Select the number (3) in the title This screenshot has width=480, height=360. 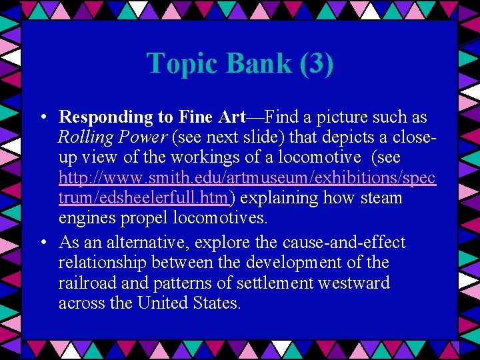click(x=317, y=63)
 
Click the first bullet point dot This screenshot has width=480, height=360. click(x=42, y=117)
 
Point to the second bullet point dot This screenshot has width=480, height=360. click(x=42, y=243)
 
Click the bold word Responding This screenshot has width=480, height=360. click(x=106, y=117)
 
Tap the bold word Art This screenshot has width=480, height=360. click(x=232, y=117)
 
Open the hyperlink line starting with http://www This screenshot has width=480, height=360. click(x=247, y=178)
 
